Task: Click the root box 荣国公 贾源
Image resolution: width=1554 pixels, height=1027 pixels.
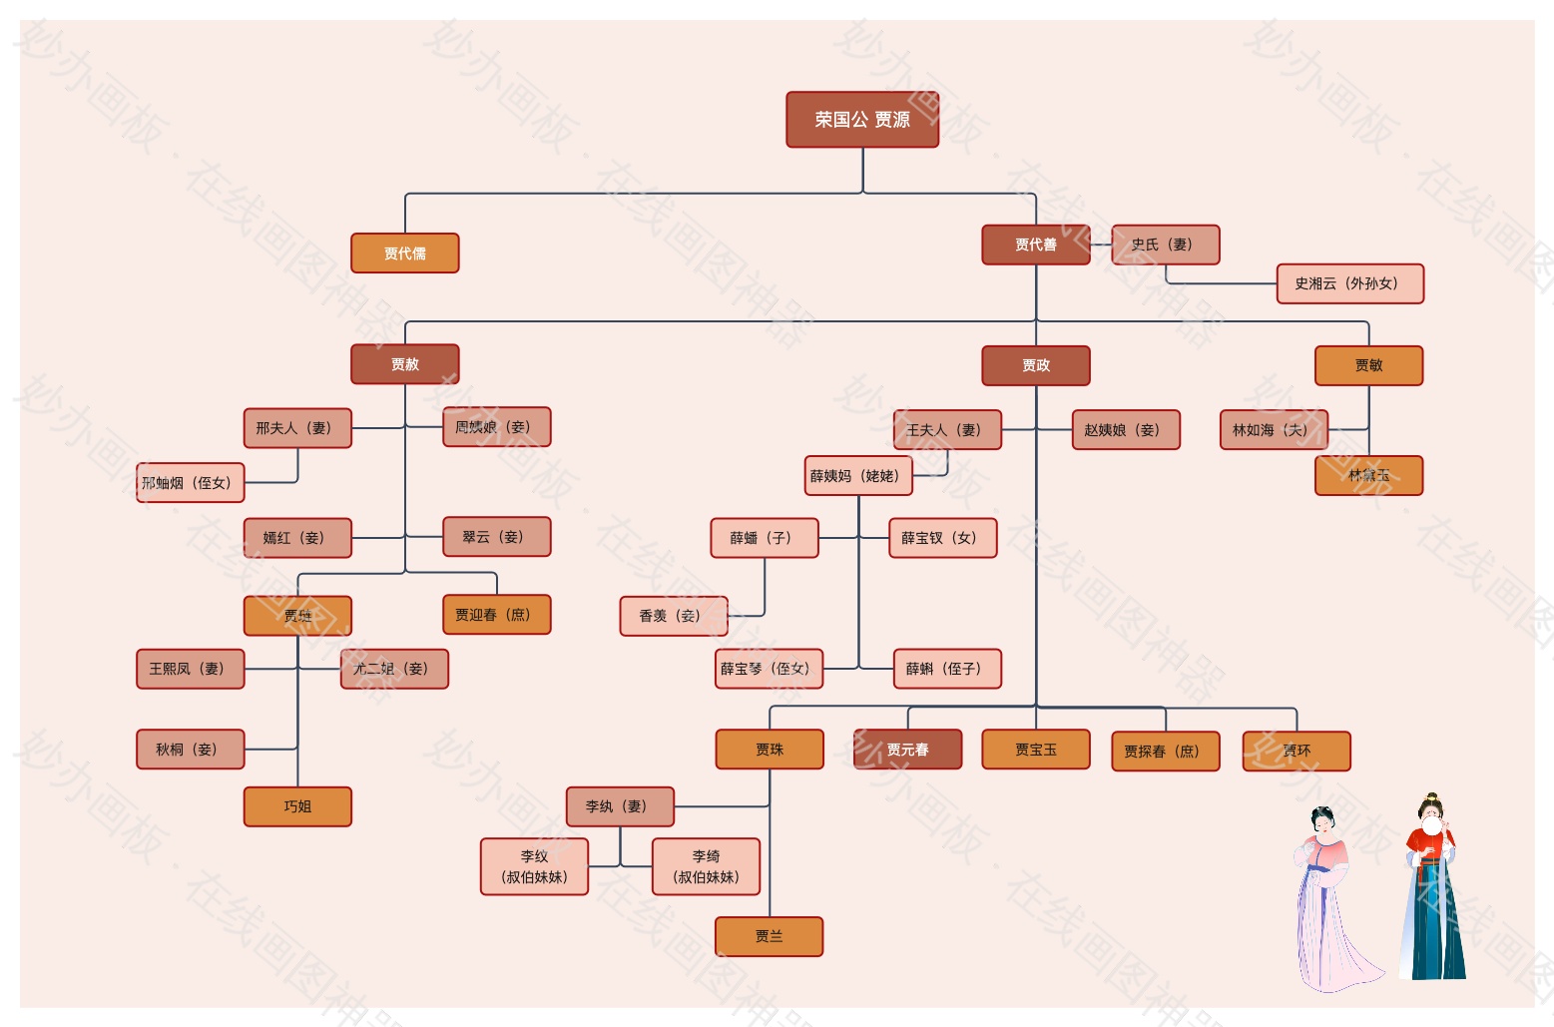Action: pyautogui.click(x=862, y=120)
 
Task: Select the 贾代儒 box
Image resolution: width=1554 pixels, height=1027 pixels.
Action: pyautogui.click(x=405, y=254)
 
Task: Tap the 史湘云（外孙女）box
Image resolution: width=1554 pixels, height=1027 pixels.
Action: pyautogui.click(x=1350, y=283)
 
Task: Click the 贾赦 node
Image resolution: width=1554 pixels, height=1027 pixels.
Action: pyautogui.click(x=405, y=364)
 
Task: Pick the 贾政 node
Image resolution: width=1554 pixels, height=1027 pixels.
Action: pyautogui.click(x=1036, y=365)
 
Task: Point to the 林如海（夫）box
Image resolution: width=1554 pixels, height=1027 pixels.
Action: pyautogui.click(x=1275, y=430)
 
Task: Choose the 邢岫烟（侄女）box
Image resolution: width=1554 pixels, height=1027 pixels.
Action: pyautogui.click(x=191, y=483)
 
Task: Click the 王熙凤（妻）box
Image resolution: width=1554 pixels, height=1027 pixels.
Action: pyautogui.click(x=191, y=669)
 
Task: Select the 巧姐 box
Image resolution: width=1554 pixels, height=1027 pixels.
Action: pyautogui.click(x=297, y=806)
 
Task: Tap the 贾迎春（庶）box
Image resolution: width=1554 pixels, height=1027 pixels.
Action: pyautogui.click(x=496, y=615)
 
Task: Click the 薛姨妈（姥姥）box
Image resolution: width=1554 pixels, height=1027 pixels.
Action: pyautogui.click(x=859, y=476)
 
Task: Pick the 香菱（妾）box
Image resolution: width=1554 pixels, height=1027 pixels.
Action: pyautogui.click(x=674, y=616)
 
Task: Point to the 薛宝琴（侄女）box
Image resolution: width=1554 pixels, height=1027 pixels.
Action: pyautogui.click(x=770, y=669)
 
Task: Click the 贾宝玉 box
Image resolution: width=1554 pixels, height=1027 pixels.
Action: pyautogui.click(x=1036, y=750)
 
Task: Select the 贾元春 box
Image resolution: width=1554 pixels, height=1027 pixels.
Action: pyautogui.click(x=908, y=750)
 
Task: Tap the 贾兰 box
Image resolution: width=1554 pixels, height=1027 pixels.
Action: pyautogui.click(x=770, y=936)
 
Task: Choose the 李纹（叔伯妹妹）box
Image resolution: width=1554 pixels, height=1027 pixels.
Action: pyautogui.click(x=535, y=866)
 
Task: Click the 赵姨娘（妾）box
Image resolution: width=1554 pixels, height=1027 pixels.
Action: pyautogui.click(x=1126, y=430)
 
